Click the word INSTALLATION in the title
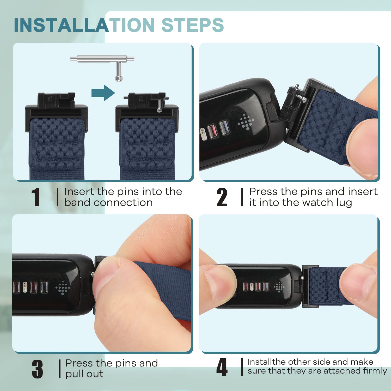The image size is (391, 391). (84, 25)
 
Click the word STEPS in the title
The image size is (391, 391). (193, 25)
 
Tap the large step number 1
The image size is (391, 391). (36, 197)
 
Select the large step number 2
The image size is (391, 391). (222, 197)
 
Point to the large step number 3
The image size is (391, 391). (38, 369)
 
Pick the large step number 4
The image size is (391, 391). (222, 367)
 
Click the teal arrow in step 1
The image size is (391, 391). (103, 93)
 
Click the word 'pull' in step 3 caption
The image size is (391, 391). (76, 374)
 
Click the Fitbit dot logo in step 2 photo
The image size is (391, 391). (246, 122)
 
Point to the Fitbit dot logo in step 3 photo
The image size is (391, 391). (63, 288)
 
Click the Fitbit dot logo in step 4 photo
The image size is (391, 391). (279, 287)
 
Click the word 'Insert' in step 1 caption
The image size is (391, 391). (79, 192)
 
